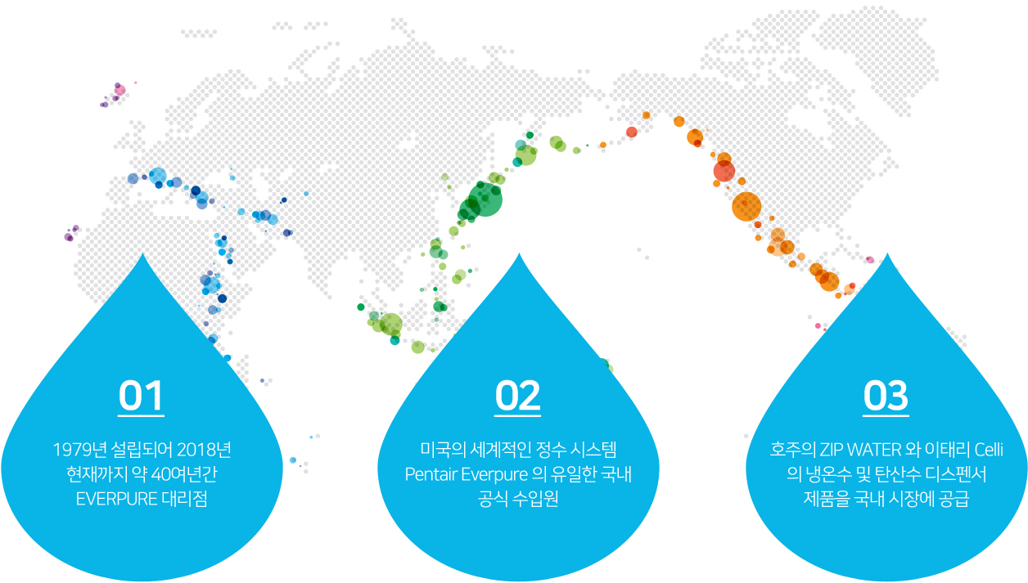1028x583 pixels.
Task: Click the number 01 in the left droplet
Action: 141,395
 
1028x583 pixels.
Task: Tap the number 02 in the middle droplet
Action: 517,395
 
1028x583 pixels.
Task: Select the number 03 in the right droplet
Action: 886,395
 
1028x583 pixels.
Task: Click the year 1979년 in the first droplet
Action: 79,450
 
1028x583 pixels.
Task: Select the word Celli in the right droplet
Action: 989,450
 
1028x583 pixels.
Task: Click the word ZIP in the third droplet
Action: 831,450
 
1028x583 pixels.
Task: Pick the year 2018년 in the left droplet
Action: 204,450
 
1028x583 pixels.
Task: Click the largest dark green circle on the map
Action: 485,200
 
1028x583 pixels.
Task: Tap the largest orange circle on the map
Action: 746,206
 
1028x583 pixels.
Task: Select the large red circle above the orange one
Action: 724,172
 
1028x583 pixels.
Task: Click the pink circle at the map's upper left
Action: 119,90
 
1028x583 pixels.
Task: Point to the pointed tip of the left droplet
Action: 142,253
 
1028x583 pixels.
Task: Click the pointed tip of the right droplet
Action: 887,253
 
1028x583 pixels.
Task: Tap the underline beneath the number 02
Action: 517,415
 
